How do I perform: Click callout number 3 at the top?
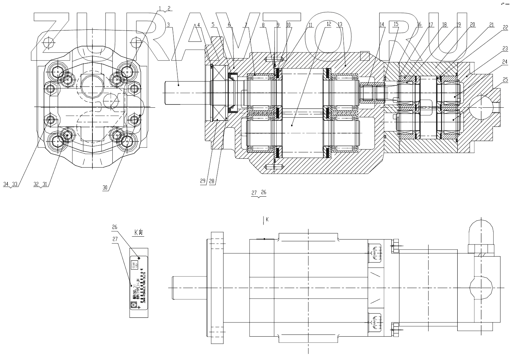point(169,25)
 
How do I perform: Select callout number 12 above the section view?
point(329,24)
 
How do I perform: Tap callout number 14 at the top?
point(382,25)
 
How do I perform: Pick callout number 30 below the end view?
point(105,188)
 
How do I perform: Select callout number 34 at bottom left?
point(6,184)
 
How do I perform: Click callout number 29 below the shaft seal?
point(203,181)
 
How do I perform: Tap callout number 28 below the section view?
point(211,181)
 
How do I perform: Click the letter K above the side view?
point(267,220)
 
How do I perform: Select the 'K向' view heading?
point(138,233)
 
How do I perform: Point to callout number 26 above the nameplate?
point(114,227)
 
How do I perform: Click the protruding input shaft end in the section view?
point(179,93)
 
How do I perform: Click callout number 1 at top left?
point(160,8)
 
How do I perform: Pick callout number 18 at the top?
point(444,25)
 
